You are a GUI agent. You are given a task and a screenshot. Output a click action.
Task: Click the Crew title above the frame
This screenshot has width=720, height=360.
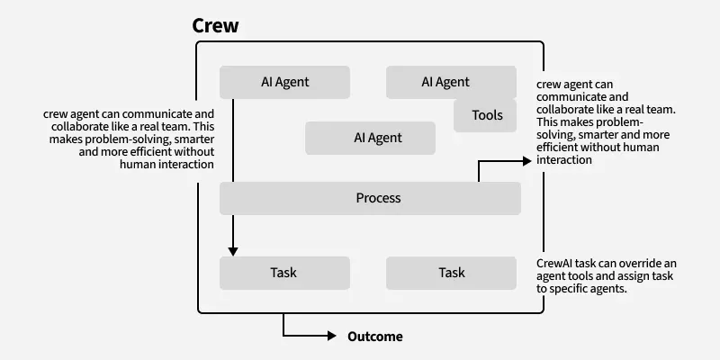pos(216,25)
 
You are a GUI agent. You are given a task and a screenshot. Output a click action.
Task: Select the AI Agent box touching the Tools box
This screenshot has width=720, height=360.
pos(445,82)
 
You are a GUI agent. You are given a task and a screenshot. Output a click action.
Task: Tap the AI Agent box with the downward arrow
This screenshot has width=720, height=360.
pos(285,82)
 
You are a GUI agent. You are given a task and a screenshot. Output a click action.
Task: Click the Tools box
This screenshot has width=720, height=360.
pos(486,115)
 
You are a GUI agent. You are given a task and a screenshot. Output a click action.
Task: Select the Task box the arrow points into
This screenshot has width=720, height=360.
pos(284,273)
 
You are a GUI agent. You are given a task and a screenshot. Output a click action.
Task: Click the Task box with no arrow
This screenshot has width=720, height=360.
pos(451,273)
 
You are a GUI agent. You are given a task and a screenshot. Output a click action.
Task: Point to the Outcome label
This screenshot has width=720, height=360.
pos(375,337)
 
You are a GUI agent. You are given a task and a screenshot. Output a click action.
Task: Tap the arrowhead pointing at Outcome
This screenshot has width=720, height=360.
pos(331,337)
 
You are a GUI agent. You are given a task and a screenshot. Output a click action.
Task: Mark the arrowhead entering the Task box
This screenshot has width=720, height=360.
pos(233,251)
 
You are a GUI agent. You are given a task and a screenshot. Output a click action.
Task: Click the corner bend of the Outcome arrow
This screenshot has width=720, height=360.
pos(284,337)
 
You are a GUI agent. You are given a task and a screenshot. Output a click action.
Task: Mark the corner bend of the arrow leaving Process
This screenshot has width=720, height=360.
pos(478,161)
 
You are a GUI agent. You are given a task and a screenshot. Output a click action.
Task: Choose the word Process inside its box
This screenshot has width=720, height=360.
pos(378,198)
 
